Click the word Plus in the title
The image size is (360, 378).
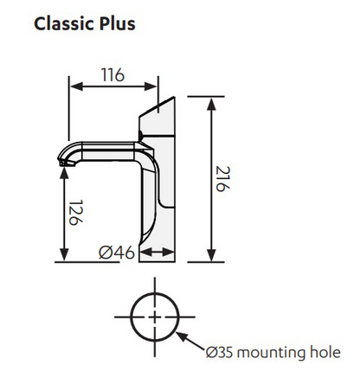[118, 23]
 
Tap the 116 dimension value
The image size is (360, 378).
[112, 75]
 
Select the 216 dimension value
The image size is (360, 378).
[223, 178]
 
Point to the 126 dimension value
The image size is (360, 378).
[75, 212]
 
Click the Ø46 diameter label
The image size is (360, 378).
[117, 253]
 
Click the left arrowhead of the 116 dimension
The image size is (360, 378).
[76, 86]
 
